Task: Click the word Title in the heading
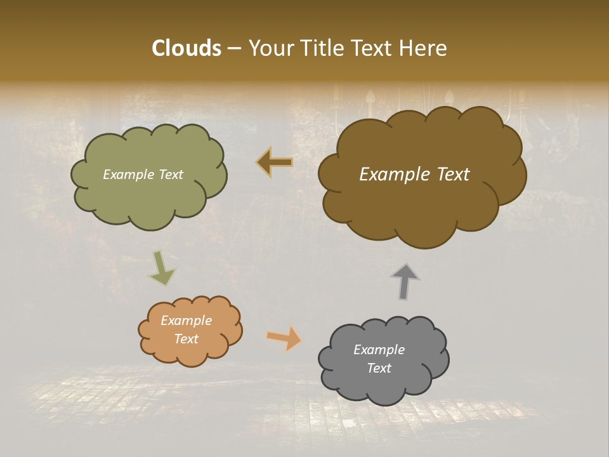(x=320, y=48)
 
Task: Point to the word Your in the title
(x=271, y=48)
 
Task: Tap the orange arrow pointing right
(x=284, y=338)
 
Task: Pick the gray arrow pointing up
(x=405, y=281)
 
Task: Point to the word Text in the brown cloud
(x=450, y=175)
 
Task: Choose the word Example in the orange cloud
(x=186, y=321)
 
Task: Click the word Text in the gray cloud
(x=379, y=368)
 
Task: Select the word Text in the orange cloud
(x=186, y=339)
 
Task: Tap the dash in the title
(x=233, y=48)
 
